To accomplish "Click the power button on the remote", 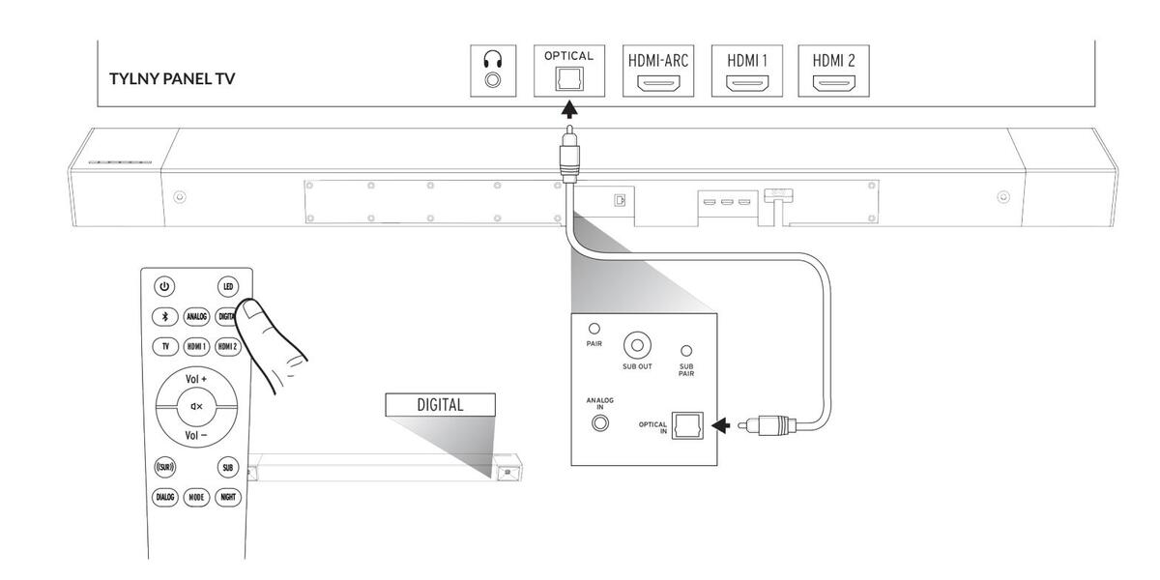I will tap(164, 286).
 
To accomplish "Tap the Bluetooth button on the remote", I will tap(164, 315).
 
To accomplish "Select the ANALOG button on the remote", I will tap(196, 315).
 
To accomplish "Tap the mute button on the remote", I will tap(196, 407).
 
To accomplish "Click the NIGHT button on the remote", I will tap(227, 497).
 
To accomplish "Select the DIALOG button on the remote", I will tap(164, 497).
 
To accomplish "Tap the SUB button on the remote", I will tap(227, 468).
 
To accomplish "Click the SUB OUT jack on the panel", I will tap(637, 344).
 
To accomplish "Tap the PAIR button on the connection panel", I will tap(594, 329).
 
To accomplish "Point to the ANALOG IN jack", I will tap(600, 422).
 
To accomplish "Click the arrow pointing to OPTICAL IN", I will tap(720, 424).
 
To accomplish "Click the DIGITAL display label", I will tap(440, 405).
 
